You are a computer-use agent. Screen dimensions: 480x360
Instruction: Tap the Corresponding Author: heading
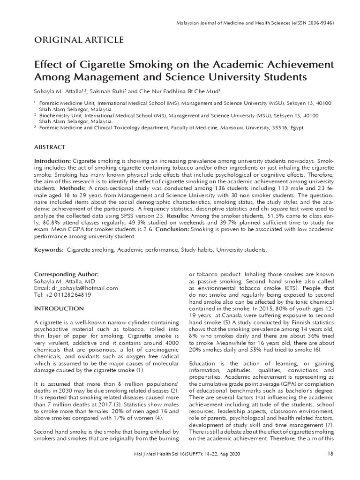(x=66, y=274)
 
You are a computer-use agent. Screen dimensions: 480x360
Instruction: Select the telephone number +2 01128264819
(x=68, y=295)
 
